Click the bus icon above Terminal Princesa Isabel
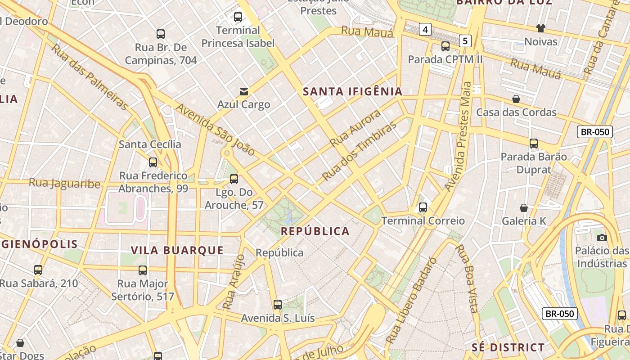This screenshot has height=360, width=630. pos(238,18)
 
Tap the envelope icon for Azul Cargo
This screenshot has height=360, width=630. pos(243,92)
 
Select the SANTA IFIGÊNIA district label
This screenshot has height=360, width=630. pos(352,92)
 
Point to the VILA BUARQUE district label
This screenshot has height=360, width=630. pos(177,250)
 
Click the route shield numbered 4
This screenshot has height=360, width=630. pos(425,30)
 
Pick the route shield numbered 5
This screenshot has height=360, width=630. pos(465,41)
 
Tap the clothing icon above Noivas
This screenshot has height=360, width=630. pos(540,28)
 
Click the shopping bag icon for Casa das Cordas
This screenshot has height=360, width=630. pos(516,99)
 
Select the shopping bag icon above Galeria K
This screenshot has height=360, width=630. pos(523,208)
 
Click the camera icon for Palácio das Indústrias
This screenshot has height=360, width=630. pos(602,238)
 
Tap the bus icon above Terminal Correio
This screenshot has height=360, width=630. pos(423,207)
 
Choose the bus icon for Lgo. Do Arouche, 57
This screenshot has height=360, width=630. pos(234,179)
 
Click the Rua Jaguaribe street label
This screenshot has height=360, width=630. pos(64,183)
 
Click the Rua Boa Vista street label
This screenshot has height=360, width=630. pos(467,279)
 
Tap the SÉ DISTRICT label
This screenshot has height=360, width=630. pos(508,347)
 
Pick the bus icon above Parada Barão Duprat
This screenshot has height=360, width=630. pos(533,144)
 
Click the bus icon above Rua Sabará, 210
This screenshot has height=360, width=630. pos(38,270)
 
